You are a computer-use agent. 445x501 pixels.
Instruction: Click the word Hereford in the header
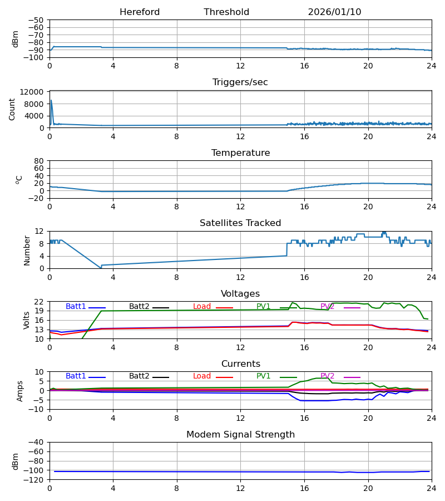pos(140,12)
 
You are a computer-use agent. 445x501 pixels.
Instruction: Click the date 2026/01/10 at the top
pos(334,12)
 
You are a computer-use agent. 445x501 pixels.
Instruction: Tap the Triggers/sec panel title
pos(240,82)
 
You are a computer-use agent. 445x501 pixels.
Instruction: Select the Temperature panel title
pos(240,153)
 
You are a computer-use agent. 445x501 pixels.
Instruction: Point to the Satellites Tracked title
pos(240,223)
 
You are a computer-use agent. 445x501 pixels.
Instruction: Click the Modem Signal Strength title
pos(240,435)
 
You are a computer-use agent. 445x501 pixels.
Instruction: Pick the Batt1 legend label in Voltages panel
pos(76,307)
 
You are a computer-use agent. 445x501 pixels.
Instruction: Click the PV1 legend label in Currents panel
pos(263,376)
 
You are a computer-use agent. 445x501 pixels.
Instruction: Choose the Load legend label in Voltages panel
pos(202,307)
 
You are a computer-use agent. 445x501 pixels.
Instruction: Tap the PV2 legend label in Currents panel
pos(327,376)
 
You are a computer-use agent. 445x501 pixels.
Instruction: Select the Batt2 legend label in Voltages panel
pos(139,307)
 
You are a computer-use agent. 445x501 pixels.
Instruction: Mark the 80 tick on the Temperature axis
pos(39,161)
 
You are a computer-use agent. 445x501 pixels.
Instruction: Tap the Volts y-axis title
pos(27,320)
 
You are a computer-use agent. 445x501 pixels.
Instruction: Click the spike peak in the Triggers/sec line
pos(51,101)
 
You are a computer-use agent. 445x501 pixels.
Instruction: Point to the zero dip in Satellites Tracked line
pos(101,268)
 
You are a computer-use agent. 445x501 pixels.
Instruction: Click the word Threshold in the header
pos(226,12)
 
